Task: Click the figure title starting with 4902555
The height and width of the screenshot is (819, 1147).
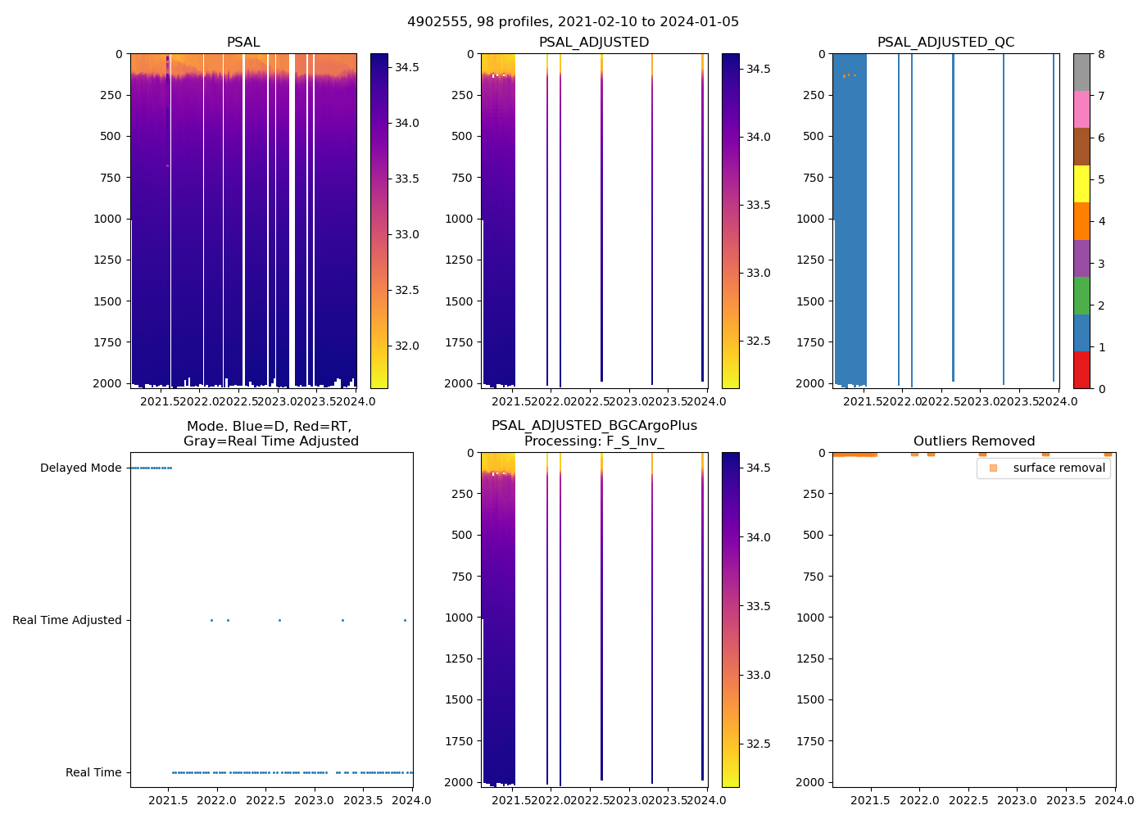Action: tap(573, 22)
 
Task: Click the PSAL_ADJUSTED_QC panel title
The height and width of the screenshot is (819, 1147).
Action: tap(945, 43)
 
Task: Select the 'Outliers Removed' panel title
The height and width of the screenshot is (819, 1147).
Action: tap(974, 441)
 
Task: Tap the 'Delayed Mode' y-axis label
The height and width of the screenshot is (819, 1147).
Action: tap(80, 468)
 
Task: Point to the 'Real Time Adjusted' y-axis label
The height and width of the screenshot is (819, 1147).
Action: tap(67, 621)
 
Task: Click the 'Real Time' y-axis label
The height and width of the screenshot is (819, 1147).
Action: tap(93, 773)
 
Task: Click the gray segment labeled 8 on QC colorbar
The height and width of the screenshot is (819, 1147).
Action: tap(1081, 72)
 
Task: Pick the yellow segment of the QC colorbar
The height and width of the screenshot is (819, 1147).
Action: tap(1081, 184)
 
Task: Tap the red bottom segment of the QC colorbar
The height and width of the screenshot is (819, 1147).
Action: tap(1081, 370)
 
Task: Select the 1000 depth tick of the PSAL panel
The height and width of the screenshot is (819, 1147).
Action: tap(111, 219)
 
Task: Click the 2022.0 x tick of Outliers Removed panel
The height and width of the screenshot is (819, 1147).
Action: tap(920, 800)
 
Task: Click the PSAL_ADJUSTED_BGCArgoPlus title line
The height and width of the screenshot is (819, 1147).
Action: tap(594, 426)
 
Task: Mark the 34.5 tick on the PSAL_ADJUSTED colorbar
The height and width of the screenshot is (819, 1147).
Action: tap(759, 69)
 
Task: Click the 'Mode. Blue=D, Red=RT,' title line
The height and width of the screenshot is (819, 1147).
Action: tap(269, 427)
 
